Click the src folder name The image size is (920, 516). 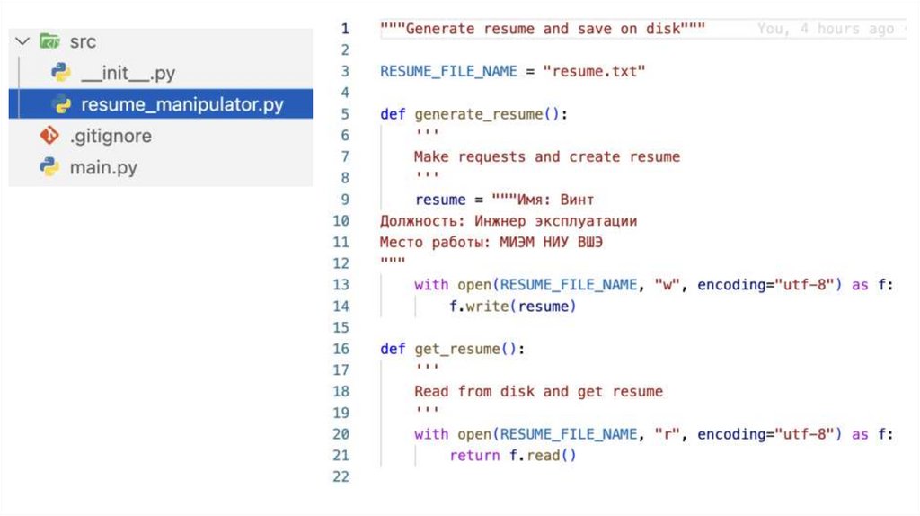[x=83, y=42]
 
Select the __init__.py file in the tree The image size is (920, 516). [x=128, y=74]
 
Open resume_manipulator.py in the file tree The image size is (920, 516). [x=181, y=105]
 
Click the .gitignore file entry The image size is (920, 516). [x=111, y=137]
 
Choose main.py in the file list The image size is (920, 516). [x=103, y=168]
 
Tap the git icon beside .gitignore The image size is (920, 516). [x=49, y=137]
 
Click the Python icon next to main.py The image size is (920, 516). [x=49, y=168]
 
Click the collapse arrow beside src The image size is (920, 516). [x=22, y=42]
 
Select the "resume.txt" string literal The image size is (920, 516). [x=594, y=71]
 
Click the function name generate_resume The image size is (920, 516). [x=479, y=114]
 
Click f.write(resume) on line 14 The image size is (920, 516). [x=512, y=307]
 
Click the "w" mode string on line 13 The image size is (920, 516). [x=667, y=285]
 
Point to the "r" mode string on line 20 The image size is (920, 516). [x=667, y=434]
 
